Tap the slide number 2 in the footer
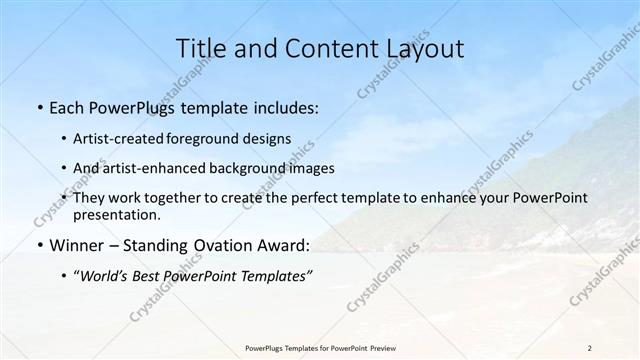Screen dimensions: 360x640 (x=589, y=348)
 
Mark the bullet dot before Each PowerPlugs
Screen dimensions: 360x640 (x=39, y=105)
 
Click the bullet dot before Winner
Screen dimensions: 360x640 (x=39, y=245)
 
